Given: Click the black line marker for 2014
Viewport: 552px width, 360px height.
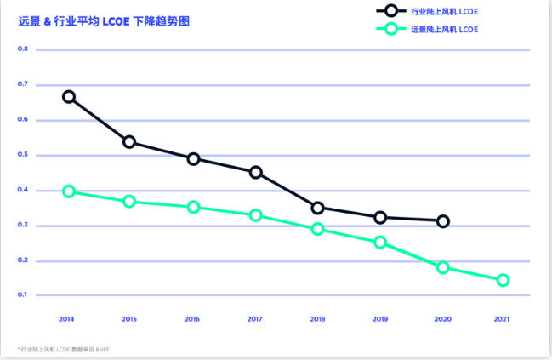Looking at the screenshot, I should coord(69,97).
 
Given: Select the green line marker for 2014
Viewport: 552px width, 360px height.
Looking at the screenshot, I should coord(69,191).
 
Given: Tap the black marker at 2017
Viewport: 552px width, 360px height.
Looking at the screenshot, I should coord(255,173).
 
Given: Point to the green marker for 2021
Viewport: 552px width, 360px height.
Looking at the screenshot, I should coord(503,280).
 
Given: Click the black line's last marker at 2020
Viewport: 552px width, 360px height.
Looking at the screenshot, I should coord(442,221).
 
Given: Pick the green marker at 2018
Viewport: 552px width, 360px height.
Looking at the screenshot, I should coord(317,229).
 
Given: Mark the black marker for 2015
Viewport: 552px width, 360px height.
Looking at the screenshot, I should coord(129,141).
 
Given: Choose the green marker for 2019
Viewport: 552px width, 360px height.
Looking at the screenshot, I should coord(380,243).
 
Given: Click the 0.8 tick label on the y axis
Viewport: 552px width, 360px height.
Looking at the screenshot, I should coord(23,49).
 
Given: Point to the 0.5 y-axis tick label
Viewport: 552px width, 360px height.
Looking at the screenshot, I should coord(23,155).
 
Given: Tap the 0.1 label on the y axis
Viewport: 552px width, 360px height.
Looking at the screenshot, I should coord(23,295).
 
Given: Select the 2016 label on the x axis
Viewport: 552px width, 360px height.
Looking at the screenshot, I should coord(192,319).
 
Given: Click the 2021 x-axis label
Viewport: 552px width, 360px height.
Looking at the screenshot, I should coord(503,319).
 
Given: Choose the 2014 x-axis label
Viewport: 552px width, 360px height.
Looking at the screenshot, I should coord(67,319).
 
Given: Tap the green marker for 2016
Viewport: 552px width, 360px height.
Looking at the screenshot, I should coord(193,207).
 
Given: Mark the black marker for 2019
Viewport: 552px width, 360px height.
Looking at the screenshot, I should coord(380,218).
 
